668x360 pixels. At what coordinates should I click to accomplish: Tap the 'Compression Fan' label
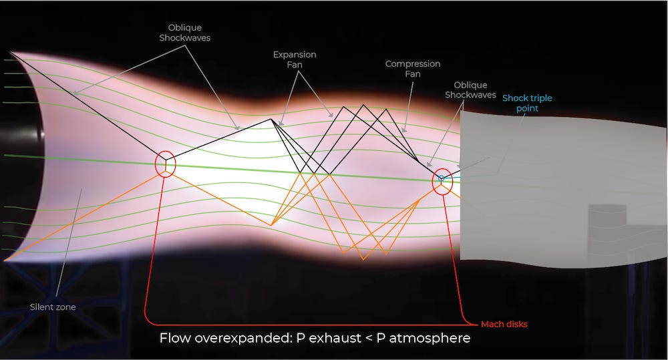(412, 69)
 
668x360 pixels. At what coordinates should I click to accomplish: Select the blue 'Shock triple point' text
(527, 103)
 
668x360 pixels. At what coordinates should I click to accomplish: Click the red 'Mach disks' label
(504, 324)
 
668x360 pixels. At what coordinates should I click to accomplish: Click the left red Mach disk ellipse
(165, 164)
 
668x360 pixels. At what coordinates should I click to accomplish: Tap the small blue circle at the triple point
(441, 178)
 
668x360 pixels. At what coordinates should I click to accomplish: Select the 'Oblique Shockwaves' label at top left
(184, 33)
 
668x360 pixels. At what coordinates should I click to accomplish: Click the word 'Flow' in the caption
(174, 338)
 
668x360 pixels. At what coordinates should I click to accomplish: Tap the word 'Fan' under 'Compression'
(412, 74)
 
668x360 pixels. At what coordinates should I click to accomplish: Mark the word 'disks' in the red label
(516, 324)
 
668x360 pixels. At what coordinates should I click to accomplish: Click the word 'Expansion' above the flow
(295, 55)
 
